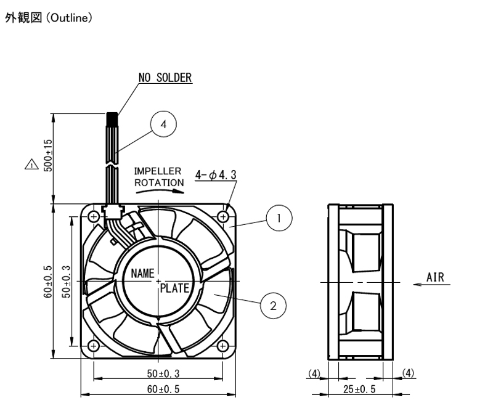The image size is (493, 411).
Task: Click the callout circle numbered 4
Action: [x=163, y=124]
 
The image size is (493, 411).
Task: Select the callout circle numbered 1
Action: [x=279, y=218]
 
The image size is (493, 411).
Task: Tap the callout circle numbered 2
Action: [x=273, y=306]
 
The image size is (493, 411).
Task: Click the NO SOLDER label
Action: [x=165, y=78]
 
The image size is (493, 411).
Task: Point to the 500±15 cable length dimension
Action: [x=48, y=155]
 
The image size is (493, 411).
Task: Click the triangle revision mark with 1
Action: [x=31, y=165]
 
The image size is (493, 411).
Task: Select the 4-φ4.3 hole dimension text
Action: [x=216, y=175]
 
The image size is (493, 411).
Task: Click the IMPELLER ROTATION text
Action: [x=159, y=177]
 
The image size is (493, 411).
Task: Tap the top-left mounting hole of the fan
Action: [x=94, y=216]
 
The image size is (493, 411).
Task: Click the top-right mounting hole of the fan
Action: [x=223, y=216]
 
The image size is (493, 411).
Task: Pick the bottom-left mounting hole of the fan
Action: [x=94, y=346]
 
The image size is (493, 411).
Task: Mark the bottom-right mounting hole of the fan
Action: [x=223, y=346]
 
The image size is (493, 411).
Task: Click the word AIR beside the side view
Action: [x=436, y=277]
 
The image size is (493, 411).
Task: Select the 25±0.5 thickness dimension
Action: [x=359, y=389]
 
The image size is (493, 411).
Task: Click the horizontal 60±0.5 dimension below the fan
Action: [x=163, y=389]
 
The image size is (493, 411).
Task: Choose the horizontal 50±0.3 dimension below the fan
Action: [x=163, y=373]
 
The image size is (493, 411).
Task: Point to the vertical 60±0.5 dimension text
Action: [x=48, y=282]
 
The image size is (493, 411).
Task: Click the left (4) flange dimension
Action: [x=314, y=373]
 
